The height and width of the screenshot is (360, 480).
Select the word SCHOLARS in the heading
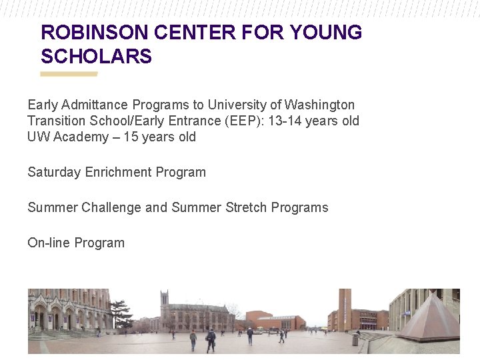pos(97,57)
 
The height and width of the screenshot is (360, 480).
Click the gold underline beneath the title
pos(69,74)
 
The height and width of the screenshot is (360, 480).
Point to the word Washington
pos(320,105)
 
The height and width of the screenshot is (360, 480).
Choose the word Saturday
pos(54,172)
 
